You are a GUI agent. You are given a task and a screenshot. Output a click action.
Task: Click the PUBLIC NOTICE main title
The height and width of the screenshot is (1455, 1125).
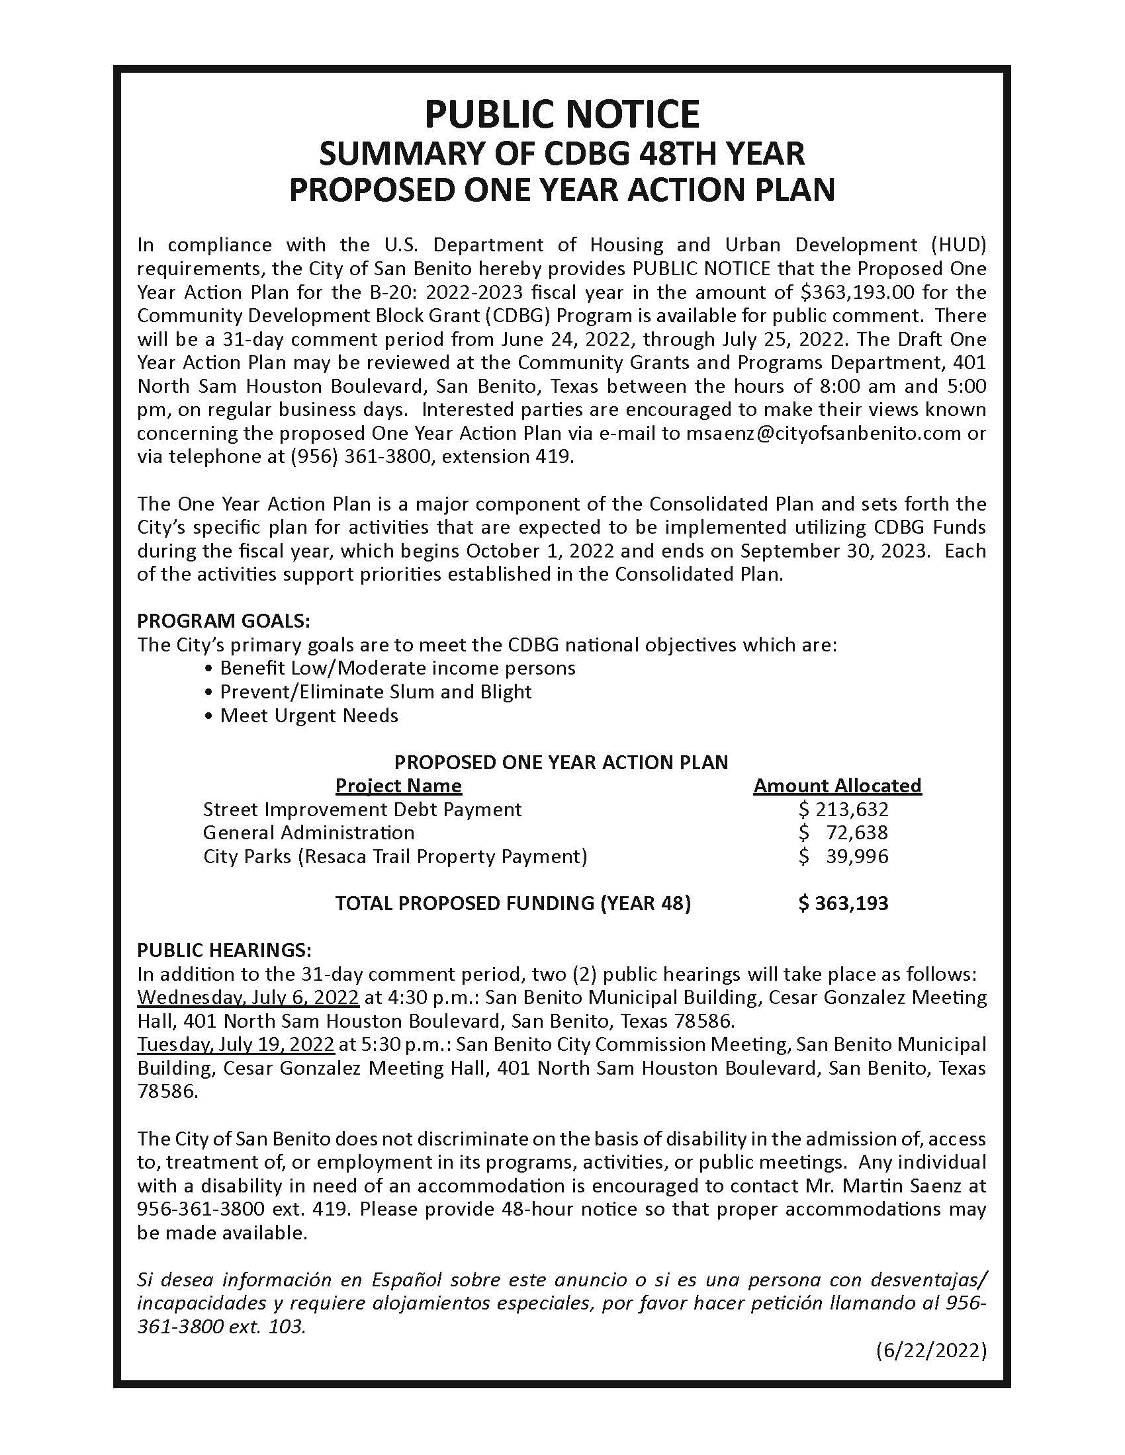click(x=562, y=114)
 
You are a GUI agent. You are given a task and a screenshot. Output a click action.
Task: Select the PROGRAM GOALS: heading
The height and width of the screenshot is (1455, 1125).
click(x=223, y=621)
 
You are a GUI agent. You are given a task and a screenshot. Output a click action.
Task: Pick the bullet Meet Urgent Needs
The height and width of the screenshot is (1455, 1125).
click(x=308, y=716)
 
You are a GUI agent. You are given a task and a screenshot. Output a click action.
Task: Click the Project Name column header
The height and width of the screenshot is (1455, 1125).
click(x=398, y=786)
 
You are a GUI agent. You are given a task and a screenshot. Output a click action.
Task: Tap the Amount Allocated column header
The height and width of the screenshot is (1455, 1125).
click(x=837, y=786)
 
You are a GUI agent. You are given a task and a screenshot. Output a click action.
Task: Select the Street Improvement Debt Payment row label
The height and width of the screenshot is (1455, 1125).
click(x=362, y=810)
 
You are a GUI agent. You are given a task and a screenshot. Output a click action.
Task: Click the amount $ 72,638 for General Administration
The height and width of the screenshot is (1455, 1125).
click(x=843, y=833)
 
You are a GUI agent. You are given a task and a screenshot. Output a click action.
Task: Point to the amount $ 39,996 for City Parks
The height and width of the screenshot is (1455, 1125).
click(x=843, y=856)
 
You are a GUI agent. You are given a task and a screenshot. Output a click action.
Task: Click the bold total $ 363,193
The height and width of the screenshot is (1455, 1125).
click(x=843, y=903)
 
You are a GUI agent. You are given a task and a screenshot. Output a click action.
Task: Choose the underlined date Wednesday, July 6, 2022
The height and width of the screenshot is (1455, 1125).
click(x=248, y=997)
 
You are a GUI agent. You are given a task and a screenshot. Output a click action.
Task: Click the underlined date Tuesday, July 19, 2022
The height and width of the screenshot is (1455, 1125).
click(x=236, y=1044)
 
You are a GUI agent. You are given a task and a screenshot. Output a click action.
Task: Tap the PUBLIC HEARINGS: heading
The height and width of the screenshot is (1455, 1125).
click(x=224, y=949)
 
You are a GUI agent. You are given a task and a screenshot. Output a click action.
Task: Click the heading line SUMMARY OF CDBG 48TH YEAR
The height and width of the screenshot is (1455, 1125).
click(x=562, y=153)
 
